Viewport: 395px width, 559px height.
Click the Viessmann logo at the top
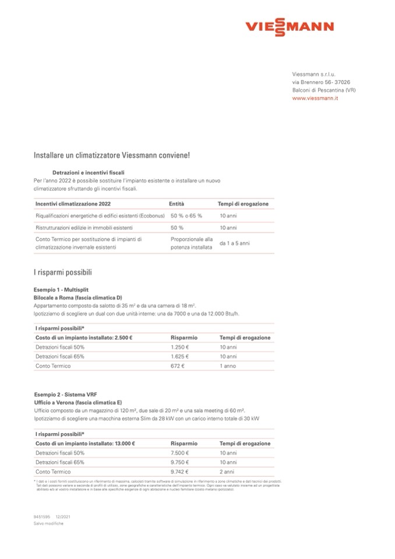click(290, 27)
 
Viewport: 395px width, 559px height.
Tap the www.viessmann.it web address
click(315, 99)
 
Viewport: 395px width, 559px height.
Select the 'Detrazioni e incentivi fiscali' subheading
click(88, 173)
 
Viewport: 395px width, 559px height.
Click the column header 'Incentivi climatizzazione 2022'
click(73, 204)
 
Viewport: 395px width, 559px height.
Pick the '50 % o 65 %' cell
click(186, 216)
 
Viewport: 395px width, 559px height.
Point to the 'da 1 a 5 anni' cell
click(234, 243)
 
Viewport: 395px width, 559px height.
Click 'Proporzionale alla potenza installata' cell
click(192, 243)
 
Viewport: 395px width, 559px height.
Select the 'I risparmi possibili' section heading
click(63, 272)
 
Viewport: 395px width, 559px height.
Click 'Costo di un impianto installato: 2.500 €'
click(84, 337)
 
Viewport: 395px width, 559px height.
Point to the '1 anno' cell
click(228, 365)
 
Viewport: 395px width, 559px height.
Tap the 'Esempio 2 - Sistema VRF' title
click(61, 395)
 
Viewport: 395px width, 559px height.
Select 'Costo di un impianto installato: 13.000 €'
click(85, 444)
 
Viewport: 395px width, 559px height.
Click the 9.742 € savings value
click(181, 472)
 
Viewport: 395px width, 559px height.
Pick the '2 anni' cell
click(227, 472)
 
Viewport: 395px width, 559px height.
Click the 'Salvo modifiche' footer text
click(48, 523)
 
